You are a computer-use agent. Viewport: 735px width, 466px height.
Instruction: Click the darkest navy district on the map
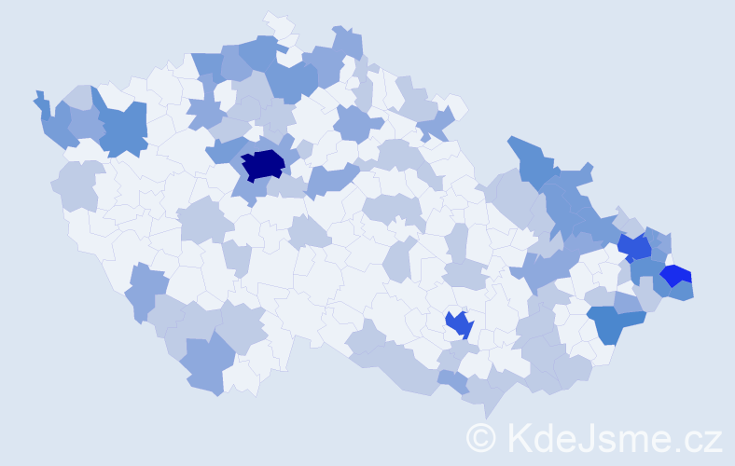(263, 164)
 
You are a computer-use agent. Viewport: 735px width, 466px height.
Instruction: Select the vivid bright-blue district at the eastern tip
(676, 276)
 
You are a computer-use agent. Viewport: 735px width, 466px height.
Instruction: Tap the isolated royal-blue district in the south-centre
(459, 324)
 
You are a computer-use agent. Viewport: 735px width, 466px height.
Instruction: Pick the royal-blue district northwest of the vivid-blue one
(636, 247)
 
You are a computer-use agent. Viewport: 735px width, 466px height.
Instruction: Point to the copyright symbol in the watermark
(480, 436)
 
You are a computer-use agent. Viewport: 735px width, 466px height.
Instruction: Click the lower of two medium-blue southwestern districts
(205, 364)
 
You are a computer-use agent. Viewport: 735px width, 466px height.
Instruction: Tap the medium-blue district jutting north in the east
(532, 158)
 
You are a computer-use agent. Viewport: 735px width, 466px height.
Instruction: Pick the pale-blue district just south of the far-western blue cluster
(78, 185)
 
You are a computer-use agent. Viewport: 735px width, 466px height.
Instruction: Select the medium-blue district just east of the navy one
(330, 178)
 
